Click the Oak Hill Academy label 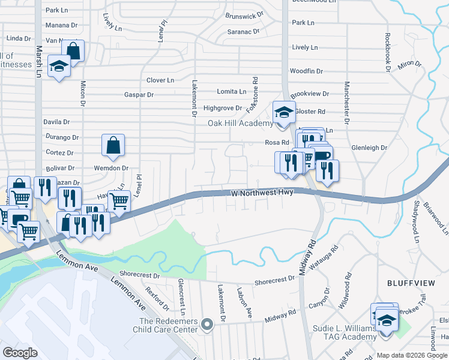click(x=241, y=124)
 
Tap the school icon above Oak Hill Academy click(x=284, y=112)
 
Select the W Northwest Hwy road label click(x=262, y=193)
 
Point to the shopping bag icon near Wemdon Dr click(x=113, y=145)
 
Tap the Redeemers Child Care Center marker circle click(x=208, y=325)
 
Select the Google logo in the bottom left click(x=20, y=352)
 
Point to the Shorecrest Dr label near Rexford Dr click(x=139, y=275)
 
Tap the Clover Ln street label click(x=160, y=80)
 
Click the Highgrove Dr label click(x=222, y=108)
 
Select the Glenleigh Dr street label click(x=369, y=147)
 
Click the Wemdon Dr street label click(x=111, y=168)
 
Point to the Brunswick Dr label click(x=244, y=15)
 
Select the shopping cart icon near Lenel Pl click(x=119, y=202)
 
